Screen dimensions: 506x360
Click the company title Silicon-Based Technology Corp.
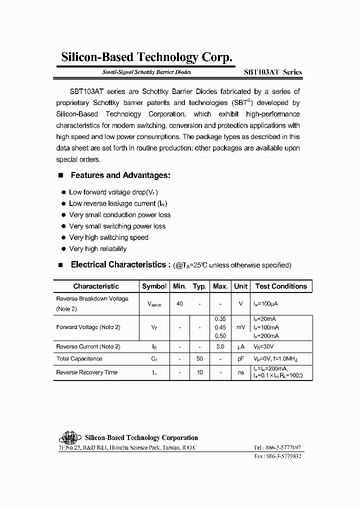point(146,58)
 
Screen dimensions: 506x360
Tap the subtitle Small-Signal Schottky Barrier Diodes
point(146,72)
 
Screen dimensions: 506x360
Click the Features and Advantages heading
point(120,175)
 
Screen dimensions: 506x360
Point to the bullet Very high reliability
point(97,248)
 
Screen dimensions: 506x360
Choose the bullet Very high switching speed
point(108,237)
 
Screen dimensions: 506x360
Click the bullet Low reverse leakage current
point(117,203)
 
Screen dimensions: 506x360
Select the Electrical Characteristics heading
point(117,264)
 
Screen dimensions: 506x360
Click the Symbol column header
point(154,286)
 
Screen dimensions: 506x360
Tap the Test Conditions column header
point(281,286)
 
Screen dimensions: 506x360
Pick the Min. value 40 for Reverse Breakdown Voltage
point(179,303)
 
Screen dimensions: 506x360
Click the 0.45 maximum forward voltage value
point(220,327)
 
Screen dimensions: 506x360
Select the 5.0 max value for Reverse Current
point(220,346)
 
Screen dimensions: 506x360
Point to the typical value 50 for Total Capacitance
point(199,359)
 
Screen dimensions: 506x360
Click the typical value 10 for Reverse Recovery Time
point(199,372)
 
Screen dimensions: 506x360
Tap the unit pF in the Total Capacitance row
point(240,359)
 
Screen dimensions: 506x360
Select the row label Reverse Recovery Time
point(86,372)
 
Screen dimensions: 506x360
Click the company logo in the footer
point(68,438)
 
